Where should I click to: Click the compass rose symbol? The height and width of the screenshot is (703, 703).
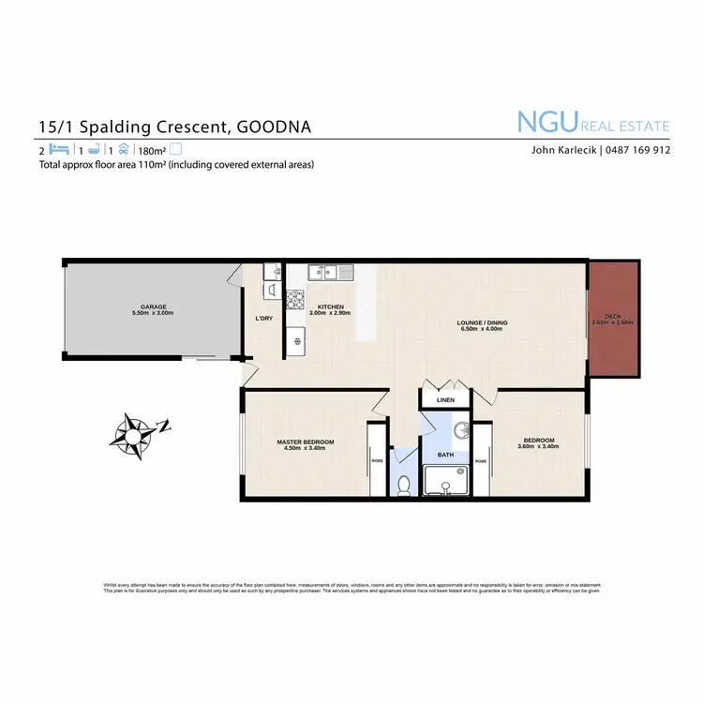pyautogui.click(x=135, y=433)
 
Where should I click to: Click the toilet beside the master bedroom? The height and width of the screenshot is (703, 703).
pyautogui.click(x=404, y=485)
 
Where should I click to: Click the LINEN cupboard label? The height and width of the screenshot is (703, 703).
pyautogui.click(x=445, y=400)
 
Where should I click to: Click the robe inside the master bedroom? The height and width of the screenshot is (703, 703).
pyautogui.click(x=377, y=460)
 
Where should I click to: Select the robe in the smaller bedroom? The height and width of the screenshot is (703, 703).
pyautogui.click(x=481, y=460)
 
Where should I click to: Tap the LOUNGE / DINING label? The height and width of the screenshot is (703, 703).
pyautogui.click(x=482, y=323)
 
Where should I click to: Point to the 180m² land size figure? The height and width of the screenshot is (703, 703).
pyautogui.click(x=152, y=150)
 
